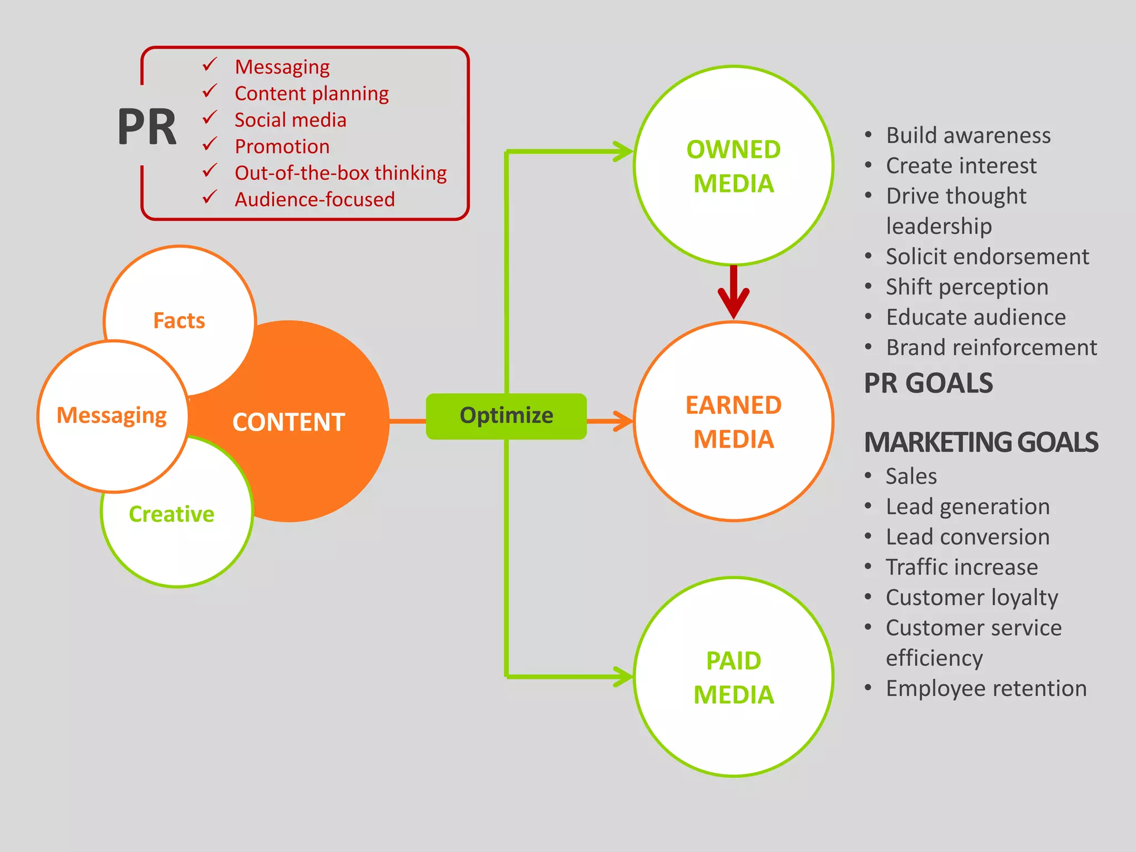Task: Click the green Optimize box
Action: point(506,416)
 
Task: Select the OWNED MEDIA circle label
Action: point(733,166)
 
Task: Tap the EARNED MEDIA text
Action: point(733,422)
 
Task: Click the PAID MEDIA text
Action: point(733,677)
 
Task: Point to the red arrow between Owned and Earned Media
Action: point(733,294)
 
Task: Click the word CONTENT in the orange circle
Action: point(288,422)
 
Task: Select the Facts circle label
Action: point(179,321)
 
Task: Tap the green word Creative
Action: point(171,514)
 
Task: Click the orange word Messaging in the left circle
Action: point(111,415)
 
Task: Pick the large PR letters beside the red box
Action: point(147,128)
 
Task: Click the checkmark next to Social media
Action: point(210,118)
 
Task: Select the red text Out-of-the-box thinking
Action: point(341,173)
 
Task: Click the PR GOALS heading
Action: point(929,383)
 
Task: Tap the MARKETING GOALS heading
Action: point(981,443)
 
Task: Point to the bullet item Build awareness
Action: point(968,135)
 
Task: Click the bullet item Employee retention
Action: point(986,688)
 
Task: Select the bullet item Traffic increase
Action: point(961,567)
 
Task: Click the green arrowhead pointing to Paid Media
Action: point(624,677)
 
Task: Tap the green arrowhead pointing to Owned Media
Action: point(624,151)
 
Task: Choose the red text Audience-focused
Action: point(315,200)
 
